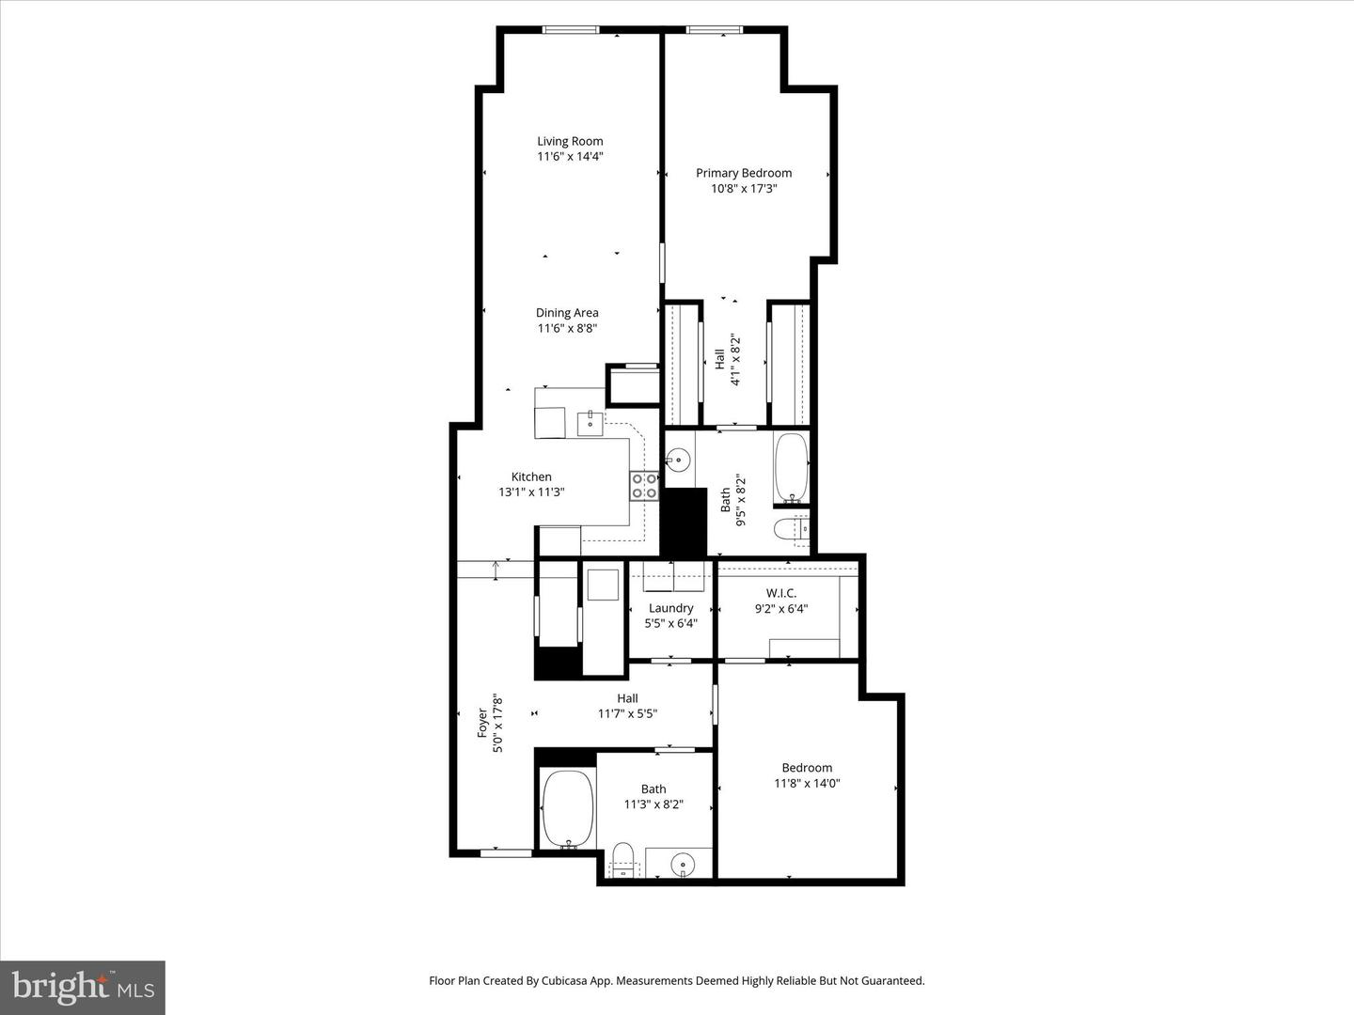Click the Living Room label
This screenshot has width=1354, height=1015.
pyautogui.click(x=570, y=142)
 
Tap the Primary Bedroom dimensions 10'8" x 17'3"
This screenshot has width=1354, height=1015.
pyautogui.click(x=743, y=189)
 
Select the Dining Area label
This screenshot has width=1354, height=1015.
pyautogui.click(x=567, y=313)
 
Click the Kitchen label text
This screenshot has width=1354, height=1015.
pyautogui.click(x=531, y=476)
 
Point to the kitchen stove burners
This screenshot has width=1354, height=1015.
pyautogui.click(x=644, y=486)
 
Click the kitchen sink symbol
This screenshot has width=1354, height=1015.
pyautogui.click(x=590, y=424)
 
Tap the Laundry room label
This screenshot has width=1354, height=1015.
pyautogui.click(x=670, y=608)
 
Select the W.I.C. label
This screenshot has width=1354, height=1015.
pyautogui.click(x=780, y=593)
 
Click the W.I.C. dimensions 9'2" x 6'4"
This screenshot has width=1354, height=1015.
pyautogui.click(x=780, y=609)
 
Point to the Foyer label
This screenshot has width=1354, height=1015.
pyautogui.click(x=482, y=723)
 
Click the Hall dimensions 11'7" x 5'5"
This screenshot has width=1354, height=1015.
pyautogui.click(x=627, y=713)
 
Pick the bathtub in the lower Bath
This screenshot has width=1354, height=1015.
pyautogui.click(x=568, y=808)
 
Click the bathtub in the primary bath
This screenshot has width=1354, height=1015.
pyautogui.click(x=792, y=467)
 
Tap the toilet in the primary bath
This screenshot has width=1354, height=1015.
pyautogui.click(x=790, y=531)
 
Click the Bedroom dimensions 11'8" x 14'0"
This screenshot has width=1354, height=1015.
pyautogui.click(x=807, y=783)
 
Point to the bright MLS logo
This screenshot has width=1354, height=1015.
pyautogui.click(x=83, y=987)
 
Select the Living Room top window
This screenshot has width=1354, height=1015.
pyautogui.click(x=571, y=30)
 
